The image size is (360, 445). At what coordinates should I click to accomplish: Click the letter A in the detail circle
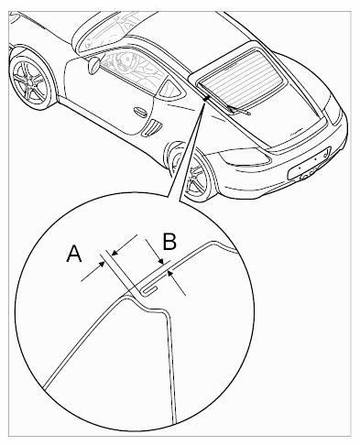(74, 253)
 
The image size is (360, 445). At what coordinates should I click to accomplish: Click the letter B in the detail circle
(169, 242)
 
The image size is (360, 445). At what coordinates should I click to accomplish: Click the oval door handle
(140, 111)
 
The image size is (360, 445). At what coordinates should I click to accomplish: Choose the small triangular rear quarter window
(171, 88)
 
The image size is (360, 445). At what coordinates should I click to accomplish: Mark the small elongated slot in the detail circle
(150, 290)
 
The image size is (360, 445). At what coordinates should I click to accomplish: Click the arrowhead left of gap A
(102, 265)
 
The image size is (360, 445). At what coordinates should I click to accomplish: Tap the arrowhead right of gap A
(115, 252)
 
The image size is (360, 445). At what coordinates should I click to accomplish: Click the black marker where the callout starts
(206, 98)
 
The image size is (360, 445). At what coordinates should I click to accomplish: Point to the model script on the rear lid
(295, 131)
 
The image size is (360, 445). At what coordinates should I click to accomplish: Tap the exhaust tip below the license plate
(305, 177)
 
